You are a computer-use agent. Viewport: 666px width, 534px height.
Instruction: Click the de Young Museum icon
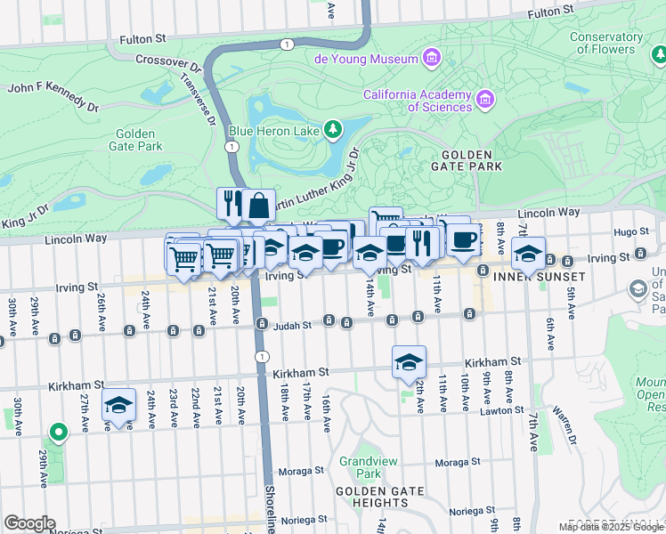click(x=432, y=59)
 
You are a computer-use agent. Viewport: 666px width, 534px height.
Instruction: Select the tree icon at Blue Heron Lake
click(x=333, y=131)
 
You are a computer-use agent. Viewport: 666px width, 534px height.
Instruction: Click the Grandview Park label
click(x=360, y=468)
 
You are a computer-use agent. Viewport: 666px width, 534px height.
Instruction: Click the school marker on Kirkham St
click(x=409, y=361)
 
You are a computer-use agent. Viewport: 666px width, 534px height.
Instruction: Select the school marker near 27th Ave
click(x=118, y=404)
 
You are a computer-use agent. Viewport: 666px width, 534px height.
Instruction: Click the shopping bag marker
click(x=257, y=205)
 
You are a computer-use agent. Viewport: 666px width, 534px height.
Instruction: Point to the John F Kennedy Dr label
click(x=53, y=98)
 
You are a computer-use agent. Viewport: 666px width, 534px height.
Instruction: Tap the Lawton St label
click(x=499, y=410)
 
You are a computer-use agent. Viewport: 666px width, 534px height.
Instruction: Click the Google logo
click(x=29, y=523)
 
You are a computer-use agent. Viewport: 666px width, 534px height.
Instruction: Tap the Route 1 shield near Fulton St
click(x=286, y=44)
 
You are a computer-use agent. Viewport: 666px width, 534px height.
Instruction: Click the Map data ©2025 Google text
click(x=612, y=527)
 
